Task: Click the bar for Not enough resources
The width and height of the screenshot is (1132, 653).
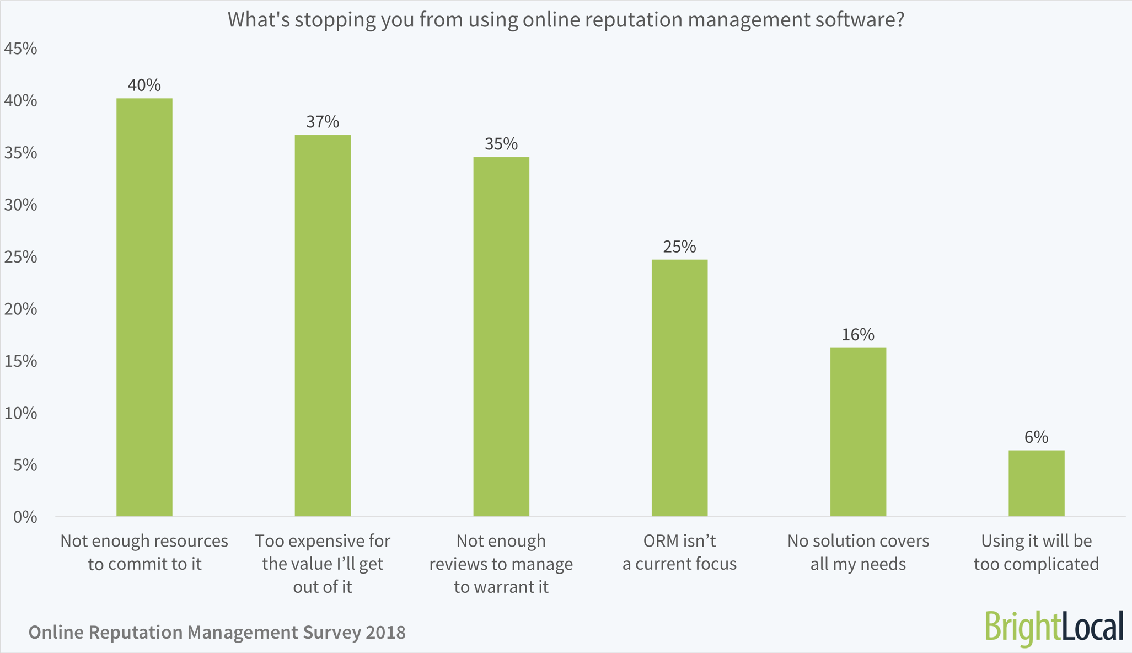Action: point(144,307)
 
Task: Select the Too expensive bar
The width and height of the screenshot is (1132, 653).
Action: point(323,325)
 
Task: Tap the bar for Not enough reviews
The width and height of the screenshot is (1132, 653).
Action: point(501,336)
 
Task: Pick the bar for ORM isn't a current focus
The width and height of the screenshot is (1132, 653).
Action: point(679,388)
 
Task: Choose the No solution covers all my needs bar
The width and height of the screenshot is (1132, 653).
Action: point(858,432)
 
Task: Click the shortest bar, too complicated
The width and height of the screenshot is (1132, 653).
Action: point(1036,483)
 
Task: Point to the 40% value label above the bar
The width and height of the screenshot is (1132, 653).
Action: point(144,85)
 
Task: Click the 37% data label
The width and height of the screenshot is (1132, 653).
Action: point(323,122)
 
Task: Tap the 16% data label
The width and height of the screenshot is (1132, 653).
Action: point(858,335)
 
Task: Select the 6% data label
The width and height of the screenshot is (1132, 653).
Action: point(1036,437)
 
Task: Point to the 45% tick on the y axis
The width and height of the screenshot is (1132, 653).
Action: point(20,49)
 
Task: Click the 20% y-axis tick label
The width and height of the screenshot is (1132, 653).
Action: point(20,309)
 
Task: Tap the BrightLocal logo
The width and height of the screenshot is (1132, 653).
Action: point(1054,627)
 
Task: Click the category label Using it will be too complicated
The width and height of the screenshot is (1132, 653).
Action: point(1036,552)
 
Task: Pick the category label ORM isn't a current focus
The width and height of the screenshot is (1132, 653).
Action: point(679,552)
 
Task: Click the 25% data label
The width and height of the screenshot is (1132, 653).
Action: point(679,247)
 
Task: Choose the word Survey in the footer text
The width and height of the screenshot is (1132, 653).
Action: point(330,632)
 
